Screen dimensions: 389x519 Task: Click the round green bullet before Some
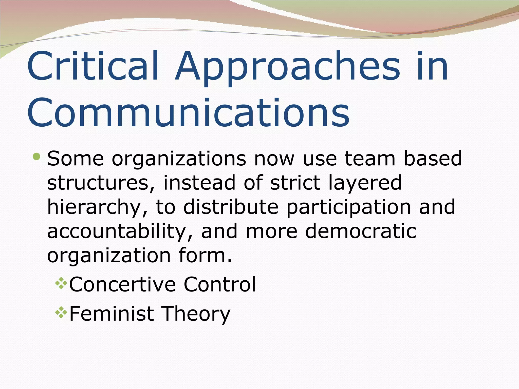point(36,157)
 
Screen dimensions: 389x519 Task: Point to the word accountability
point(120,231)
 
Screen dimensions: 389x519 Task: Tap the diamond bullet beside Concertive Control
point(61,284)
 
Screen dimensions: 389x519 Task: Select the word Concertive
point(122,284)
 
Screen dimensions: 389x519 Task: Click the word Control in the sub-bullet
point(219,284)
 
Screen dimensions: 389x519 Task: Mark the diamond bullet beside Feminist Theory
point(61,313)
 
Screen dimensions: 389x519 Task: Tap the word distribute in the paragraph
point(231,207)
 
